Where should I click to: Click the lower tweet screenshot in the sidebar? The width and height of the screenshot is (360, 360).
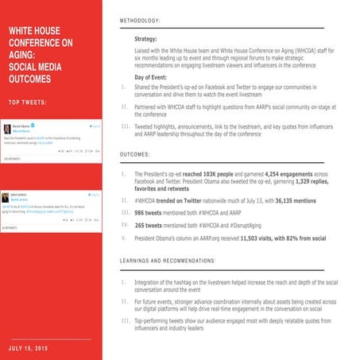click(x=53, y=207)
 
